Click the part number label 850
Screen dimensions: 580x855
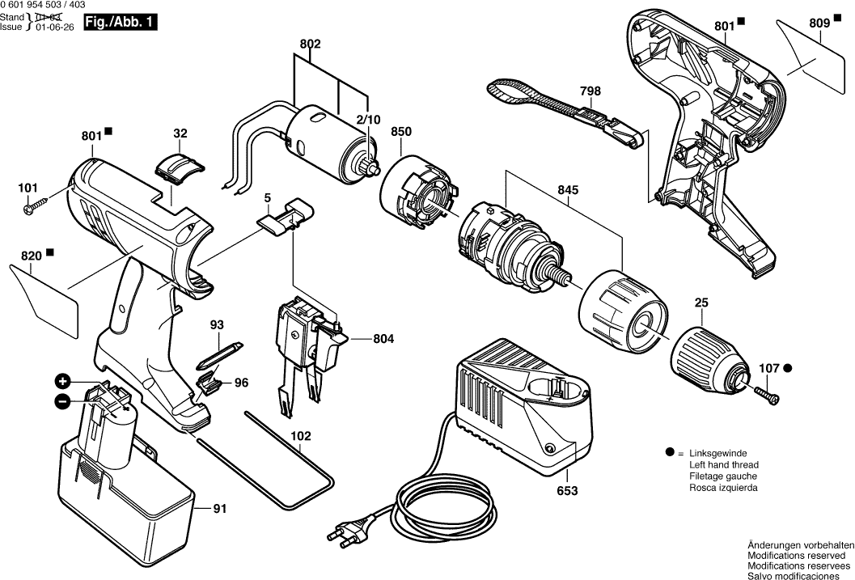click(x=402, y=132)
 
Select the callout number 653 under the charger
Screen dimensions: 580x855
click(x=568, y=490)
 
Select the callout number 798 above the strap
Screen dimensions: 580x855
click(x=590, y=91)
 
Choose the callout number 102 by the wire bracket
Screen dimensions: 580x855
click(x=301, y=436)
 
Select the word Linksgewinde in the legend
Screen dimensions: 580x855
click(x=717, y=454)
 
